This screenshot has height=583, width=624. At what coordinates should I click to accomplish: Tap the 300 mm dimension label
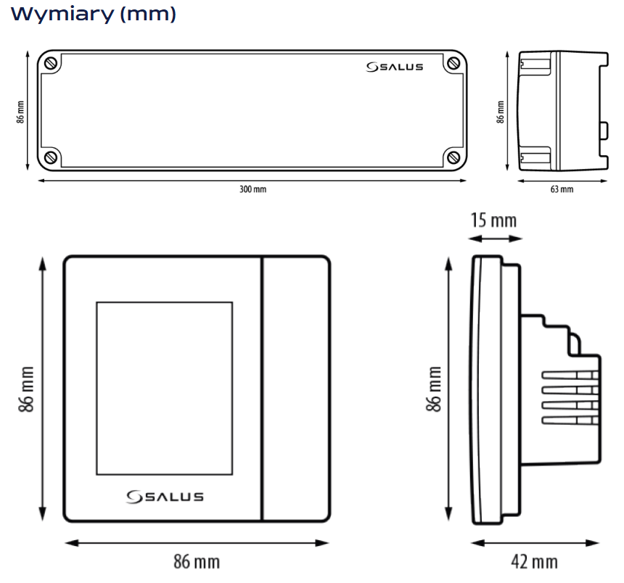click(253, 189)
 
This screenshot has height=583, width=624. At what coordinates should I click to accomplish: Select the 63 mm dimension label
click(562, 189)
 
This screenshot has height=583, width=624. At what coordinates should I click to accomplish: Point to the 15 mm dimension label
click(493, 219)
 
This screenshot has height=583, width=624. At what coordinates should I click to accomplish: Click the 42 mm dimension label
click(534, 561)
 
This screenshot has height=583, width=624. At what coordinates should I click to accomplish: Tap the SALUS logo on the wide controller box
click(395, 67)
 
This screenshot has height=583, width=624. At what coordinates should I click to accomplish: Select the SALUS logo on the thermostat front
click(165, 497)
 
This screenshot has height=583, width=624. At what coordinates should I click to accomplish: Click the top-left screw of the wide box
click(51, 64)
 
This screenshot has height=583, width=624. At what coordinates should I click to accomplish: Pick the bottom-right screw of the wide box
click(453, 157)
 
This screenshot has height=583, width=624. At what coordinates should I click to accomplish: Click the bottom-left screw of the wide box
click(51, 157)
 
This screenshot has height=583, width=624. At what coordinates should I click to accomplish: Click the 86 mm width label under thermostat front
click(196, 561)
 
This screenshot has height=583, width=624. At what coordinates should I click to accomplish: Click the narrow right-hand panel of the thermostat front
click(295, 388)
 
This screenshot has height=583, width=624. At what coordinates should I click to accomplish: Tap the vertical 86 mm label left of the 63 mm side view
click(500, 111)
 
